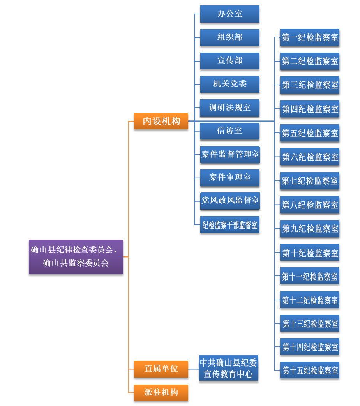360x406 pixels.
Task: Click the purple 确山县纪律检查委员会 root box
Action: (x=76, y=257)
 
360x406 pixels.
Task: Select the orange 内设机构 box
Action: (x=161, y=121)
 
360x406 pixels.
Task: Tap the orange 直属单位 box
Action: (x=161, y=369)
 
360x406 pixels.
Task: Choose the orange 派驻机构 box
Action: (x=161, y=392)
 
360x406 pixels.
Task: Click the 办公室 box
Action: (x=229, y=14)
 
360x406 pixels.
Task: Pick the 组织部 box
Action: (x=229, y=37)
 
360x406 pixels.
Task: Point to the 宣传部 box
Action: (x=229, y=61)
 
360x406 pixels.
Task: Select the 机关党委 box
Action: (x=229, y=84)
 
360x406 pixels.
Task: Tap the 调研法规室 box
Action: (x=229, y=108)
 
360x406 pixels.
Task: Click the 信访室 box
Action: (x=229, y=131)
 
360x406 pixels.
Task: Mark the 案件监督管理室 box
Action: (x=229, y=155)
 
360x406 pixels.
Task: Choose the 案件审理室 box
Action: (x=229, y=178)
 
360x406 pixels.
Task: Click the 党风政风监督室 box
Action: (x=229, y=201)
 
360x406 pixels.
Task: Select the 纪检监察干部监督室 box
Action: (x=229, y=225)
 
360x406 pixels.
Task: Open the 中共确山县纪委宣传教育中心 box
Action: (x=228, y=368)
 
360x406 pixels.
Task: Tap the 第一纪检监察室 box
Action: (x=310, y=38)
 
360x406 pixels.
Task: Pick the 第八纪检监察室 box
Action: (x=310, y=205)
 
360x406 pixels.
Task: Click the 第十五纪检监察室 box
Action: (x=310, y=370)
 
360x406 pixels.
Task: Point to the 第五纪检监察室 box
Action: (x=310, y=133)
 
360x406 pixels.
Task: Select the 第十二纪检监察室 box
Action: (x=310, y=300)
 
